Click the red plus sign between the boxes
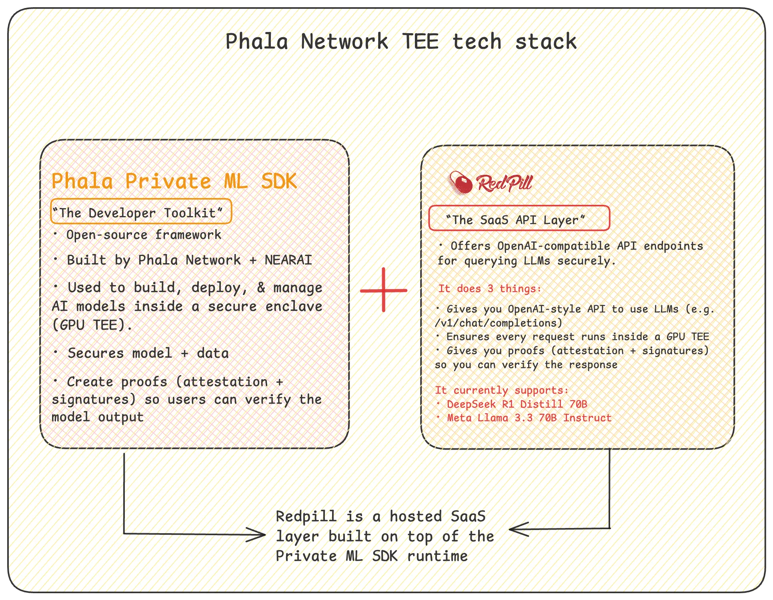384,290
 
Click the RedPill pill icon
460,183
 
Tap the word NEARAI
288,260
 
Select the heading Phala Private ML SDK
174,181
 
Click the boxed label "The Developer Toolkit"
141,211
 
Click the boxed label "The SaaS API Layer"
519,218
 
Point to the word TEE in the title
420,42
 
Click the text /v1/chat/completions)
499,323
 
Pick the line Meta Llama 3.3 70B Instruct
529,418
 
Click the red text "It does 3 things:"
489,289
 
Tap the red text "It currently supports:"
502,390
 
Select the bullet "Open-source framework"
144,235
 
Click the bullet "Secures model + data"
148,353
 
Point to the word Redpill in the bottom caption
306,517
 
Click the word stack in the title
546,42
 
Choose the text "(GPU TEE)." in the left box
92,325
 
